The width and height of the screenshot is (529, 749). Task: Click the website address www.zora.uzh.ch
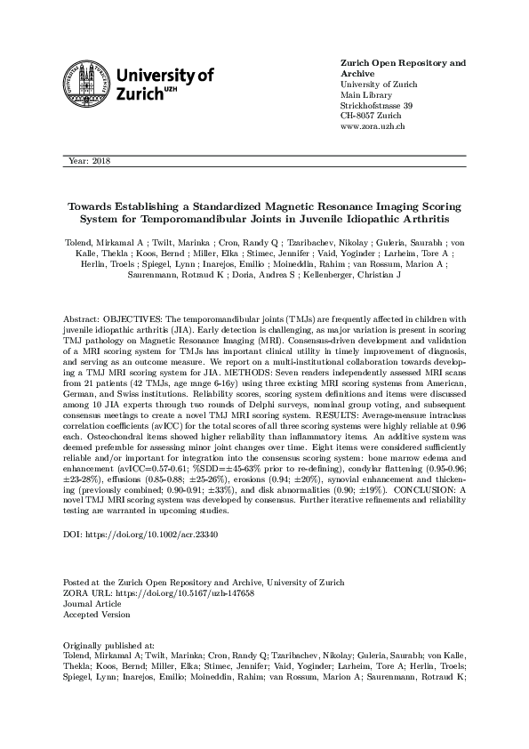tap(373, 127)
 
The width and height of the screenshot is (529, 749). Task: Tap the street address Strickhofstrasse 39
tap(377, 106)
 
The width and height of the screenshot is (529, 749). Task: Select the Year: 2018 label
tap(86, 160)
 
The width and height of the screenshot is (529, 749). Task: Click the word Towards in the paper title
tap(93, 205)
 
